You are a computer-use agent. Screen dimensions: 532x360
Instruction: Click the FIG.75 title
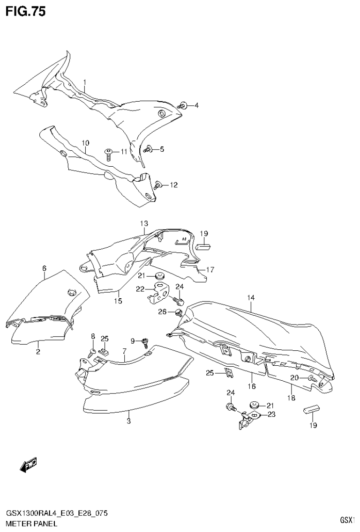(x=25, y=12)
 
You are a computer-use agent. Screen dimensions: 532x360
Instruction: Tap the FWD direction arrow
(x=29, y=465)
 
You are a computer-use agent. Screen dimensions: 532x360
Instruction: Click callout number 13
(x=143, y=223)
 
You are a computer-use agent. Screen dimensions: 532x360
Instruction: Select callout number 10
(x=85, y=143)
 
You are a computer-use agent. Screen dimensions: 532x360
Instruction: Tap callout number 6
(x=44, y=268)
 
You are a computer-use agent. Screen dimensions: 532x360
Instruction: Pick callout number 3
(x=128, y=421)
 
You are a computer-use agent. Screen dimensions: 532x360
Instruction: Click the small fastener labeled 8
(x=93, y=350)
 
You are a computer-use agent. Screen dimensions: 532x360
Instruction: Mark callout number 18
(x=291, y=398)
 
